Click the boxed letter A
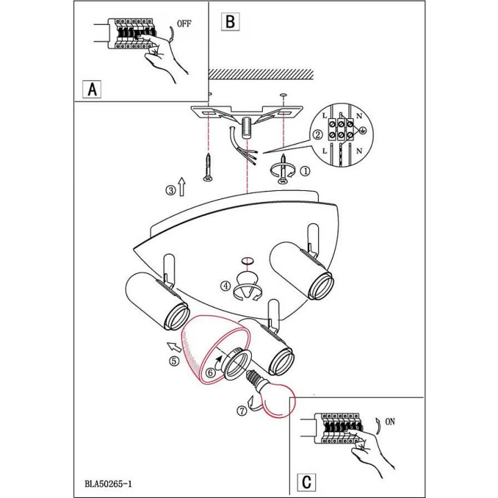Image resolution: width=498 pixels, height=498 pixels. [x=92, y=89]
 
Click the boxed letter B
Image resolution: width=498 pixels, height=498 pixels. [x=230, y=22]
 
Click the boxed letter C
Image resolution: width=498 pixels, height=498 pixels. [x=306, y=482]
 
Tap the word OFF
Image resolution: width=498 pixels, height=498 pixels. [x=184, y=24]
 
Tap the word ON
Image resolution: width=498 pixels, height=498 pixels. [x=390, y=422]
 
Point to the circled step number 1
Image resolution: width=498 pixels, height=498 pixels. [x=305, y=171]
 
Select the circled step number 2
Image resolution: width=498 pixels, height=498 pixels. [x=318, y=135]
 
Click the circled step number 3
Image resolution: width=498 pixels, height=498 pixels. [x=171, y=191]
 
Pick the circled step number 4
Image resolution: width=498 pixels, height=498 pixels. [x=226, y=286]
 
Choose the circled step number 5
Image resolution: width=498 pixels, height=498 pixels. [x=174, y=361]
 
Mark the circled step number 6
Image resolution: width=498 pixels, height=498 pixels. [x=210, y=373]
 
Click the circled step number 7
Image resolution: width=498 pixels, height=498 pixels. [x=242, y=411]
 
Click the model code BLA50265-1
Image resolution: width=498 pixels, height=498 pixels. [x=108, y=484]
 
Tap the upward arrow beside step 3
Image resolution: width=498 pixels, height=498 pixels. [x=181, y=187]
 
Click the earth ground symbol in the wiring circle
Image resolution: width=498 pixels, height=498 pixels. [x=363, y=130]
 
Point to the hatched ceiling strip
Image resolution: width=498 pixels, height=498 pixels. [x=261, y=74]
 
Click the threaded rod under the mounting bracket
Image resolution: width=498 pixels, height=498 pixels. [x=246, y=127]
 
